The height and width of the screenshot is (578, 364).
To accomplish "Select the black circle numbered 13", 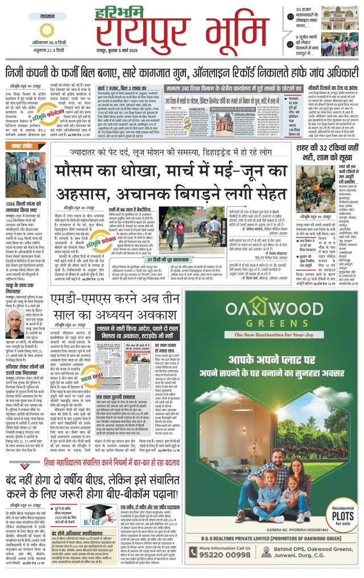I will pyautogui.click(x=289, y=17).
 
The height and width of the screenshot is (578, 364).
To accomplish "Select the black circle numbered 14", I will pyautogui.click(x=289, y=43).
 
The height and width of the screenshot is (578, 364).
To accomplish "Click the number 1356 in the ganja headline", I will pyautogui.click(x=14, y=204).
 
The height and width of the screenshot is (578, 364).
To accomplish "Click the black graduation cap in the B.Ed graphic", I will pyautogui.click(x=93, y=510).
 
